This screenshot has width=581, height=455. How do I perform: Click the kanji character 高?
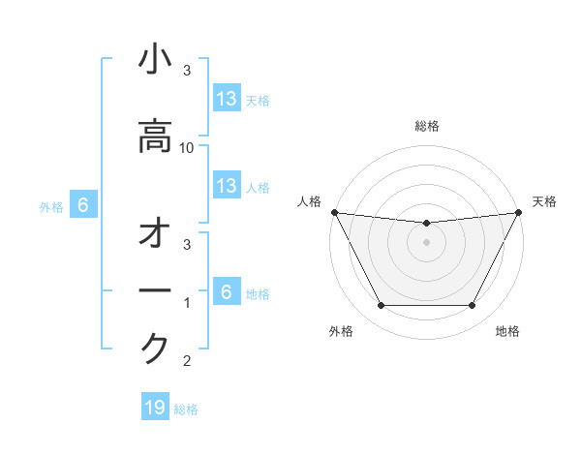[x=155, y=136]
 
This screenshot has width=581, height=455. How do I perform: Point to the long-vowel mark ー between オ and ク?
[x=155, y=291]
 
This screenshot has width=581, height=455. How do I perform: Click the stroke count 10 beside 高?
[x=188, y=147]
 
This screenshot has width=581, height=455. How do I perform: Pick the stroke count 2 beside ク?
[x=187, y=362]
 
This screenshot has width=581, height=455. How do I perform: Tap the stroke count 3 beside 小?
[x=187, y=71]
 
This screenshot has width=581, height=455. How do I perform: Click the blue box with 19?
[x=155, y=408]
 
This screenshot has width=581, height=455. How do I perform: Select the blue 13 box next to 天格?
[x=227, y=98]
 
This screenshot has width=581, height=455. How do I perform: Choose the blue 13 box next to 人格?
[x=227, y=186]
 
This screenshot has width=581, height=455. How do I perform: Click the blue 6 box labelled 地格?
[x=227, y=292]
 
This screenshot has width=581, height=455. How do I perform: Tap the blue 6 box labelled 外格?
[x=83, y=205]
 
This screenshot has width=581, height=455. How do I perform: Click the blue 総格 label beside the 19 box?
[x=187, y=409]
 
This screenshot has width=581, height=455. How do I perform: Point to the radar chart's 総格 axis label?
[x=426, y=126]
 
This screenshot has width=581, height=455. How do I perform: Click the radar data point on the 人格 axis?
[x=334, y=212]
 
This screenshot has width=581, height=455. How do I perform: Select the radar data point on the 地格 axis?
[x=472, y=306]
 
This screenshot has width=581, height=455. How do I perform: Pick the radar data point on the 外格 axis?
[x=381, y=306]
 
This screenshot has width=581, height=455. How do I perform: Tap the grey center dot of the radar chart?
[x=426, y=242]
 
